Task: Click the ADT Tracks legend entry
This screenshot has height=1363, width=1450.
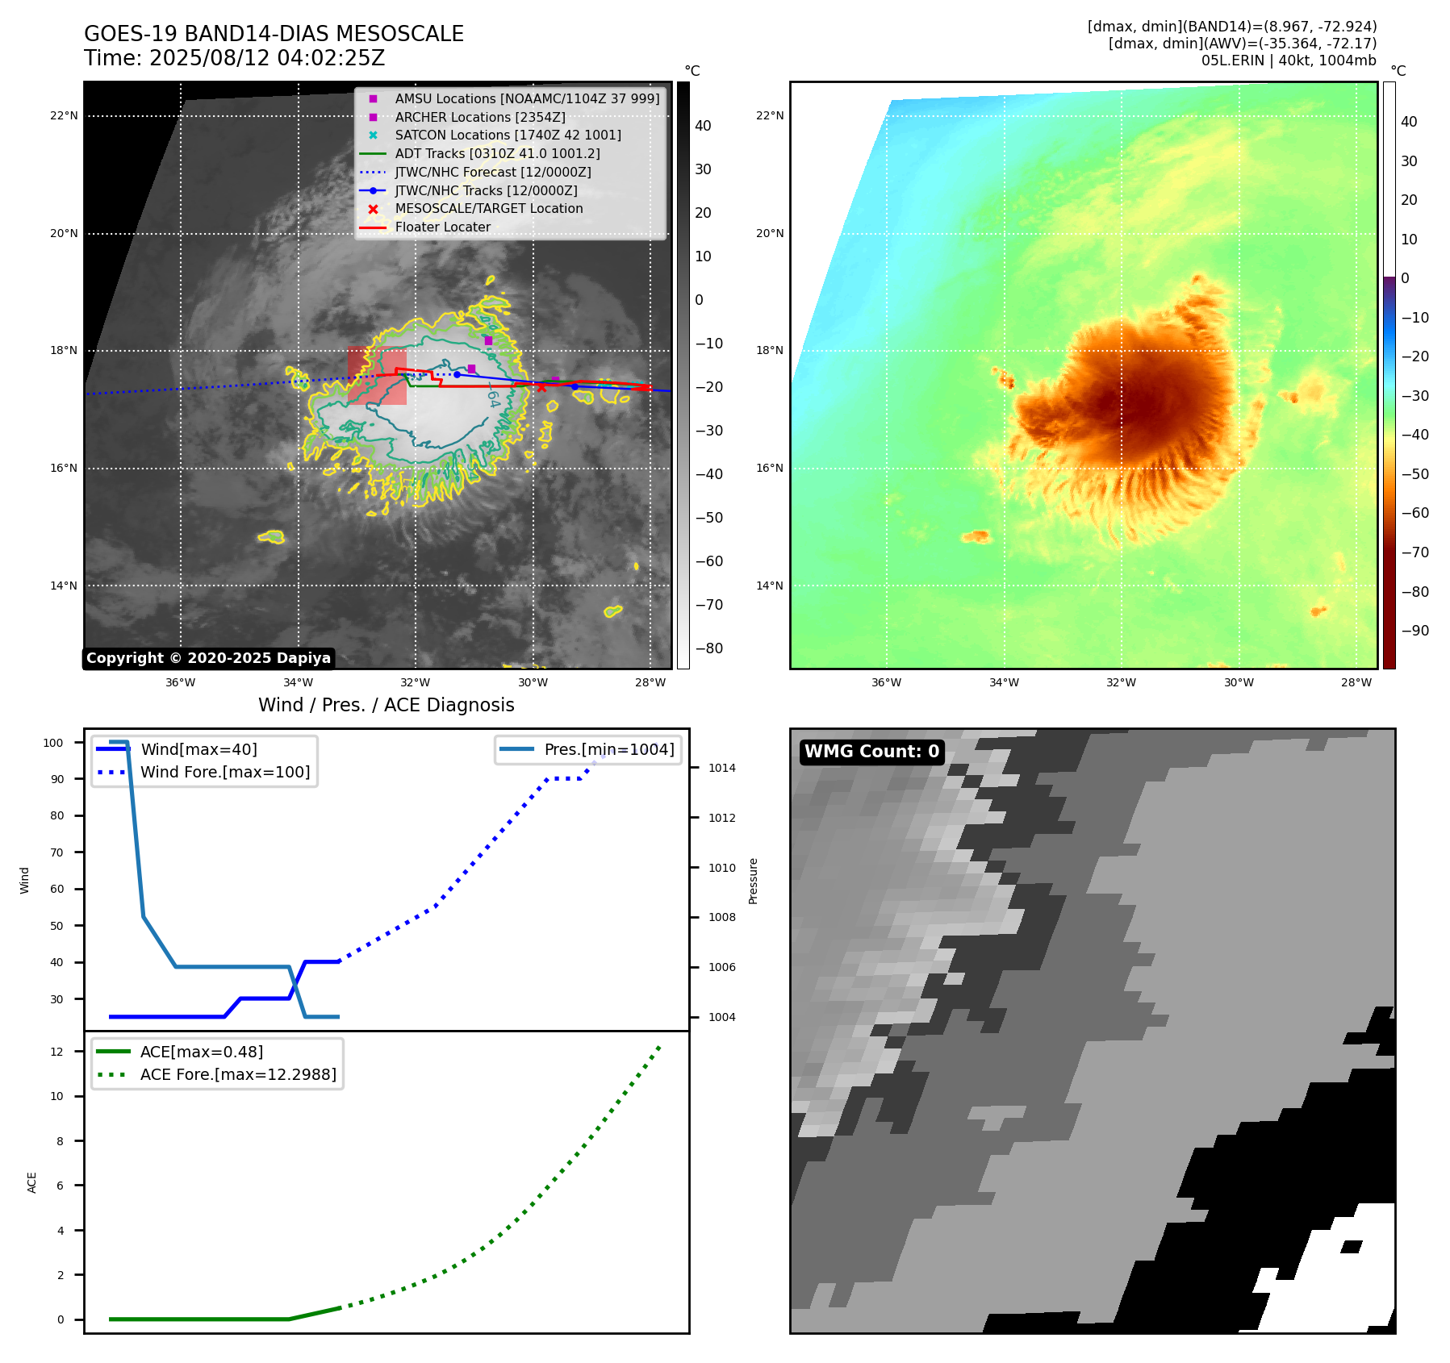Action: point(497,153)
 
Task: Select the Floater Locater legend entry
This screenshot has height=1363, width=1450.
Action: point(442,227)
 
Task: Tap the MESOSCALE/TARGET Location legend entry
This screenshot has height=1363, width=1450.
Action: point(488,208)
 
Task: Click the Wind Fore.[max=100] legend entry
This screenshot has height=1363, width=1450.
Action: point(224,772)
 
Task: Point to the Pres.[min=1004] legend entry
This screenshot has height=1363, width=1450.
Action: point(608,749)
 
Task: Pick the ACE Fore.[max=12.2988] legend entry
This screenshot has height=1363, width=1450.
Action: point(238,1074)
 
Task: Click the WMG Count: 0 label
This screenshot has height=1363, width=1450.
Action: point(871,752)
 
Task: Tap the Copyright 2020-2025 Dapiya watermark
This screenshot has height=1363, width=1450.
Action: point(208,658)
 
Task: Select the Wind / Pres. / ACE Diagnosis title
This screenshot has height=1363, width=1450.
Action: point(386,705)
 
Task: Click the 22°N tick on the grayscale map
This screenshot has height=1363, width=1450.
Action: point(64,116)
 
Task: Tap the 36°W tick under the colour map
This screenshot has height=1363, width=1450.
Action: point(886,682)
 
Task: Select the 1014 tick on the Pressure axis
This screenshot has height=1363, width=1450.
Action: point(721,768)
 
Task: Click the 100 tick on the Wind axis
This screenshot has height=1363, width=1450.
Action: point(53,743)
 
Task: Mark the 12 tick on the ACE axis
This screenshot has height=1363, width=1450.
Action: point(56,1052)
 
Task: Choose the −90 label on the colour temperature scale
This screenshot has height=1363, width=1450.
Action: point(1414,631)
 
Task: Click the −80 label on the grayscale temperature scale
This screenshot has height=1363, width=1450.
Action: point(708,648)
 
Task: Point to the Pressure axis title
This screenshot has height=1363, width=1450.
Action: point(753,881)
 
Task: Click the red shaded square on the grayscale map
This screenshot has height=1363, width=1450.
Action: point(377,376)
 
